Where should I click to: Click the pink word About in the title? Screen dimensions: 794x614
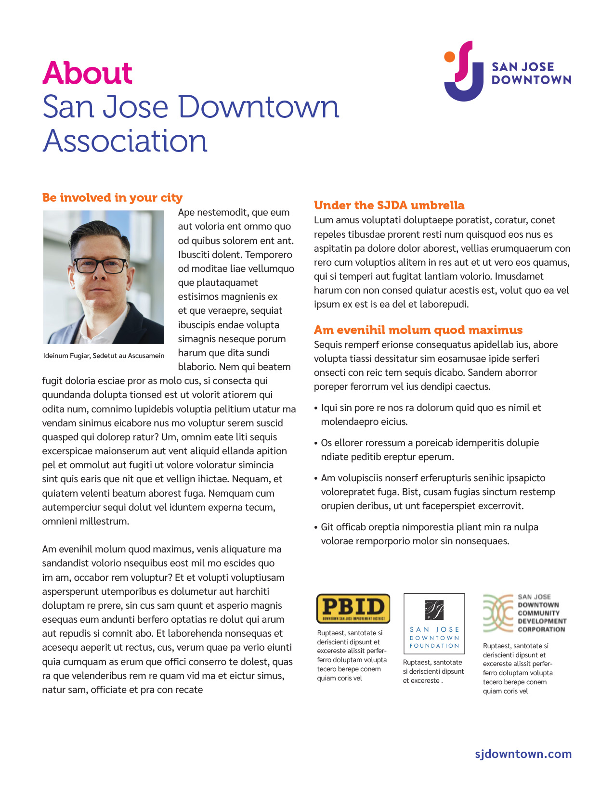[x=87, y=73]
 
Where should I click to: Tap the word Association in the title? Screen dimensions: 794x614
[x=125, y=141]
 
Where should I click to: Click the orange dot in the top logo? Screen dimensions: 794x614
[x=449, y=57]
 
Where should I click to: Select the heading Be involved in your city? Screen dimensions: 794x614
[x=112, y=198]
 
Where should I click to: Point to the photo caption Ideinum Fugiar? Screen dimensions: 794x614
[x=104, y=356]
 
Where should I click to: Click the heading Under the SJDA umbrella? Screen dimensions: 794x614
[x=389, y=205]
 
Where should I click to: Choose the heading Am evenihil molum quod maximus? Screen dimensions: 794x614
[x=418, y=330]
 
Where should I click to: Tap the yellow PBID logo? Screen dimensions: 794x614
[x=353, y=608]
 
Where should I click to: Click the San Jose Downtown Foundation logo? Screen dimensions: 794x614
[x=434, y=623]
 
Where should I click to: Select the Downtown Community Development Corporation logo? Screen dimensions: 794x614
[x=524, y=613]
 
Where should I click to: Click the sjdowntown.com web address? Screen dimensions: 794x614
[x=523, y=754]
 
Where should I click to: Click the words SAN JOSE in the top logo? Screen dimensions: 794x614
[x=523, y=67]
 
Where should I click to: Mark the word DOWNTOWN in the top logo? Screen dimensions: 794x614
[x=531, y=80]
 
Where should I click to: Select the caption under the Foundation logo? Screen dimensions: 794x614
[x=433, y=671]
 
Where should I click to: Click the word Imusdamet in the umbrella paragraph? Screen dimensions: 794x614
[x=519, y=276]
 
